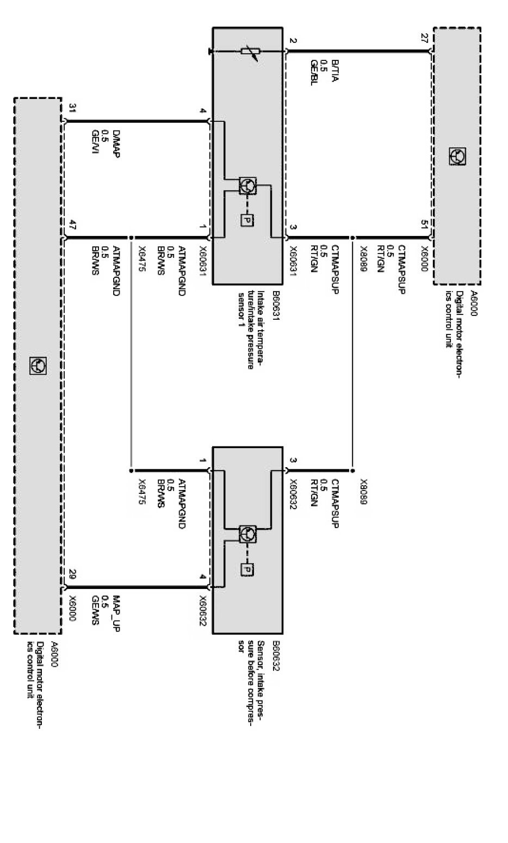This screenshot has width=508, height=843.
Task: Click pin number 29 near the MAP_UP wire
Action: (x=72, y=572)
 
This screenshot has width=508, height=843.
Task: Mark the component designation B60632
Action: (x=276, y=660)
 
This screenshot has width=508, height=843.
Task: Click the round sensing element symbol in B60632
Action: (x=247, y=534)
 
